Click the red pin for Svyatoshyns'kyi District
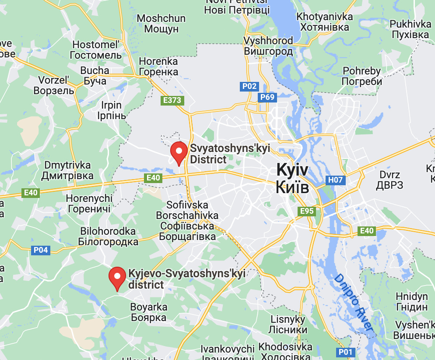(179, 153)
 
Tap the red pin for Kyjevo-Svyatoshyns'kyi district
(117, 278)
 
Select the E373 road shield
(172, 100)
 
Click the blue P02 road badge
(249, 86)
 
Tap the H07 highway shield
(336, 180)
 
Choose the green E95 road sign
(307, 211)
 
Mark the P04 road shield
(41, 250)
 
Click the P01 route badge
(345, 352)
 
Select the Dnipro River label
(353, 303)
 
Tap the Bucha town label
(95, 76)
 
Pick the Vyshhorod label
(268, 46)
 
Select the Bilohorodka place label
(108, 236)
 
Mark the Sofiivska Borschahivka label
(187, 221)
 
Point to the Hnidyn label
(411, 302)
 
